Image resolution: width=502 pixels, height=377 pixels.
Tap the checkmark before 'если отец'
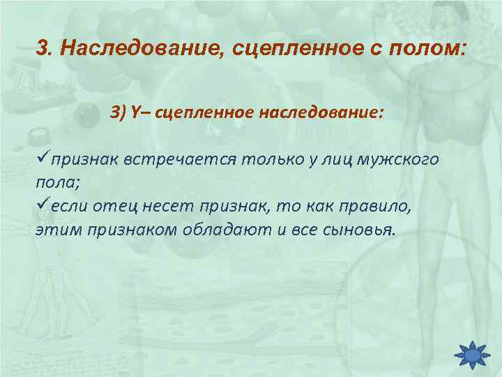click(42, 204)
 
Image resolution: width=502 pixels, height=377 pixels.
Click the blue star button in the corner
click(472, 356)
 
